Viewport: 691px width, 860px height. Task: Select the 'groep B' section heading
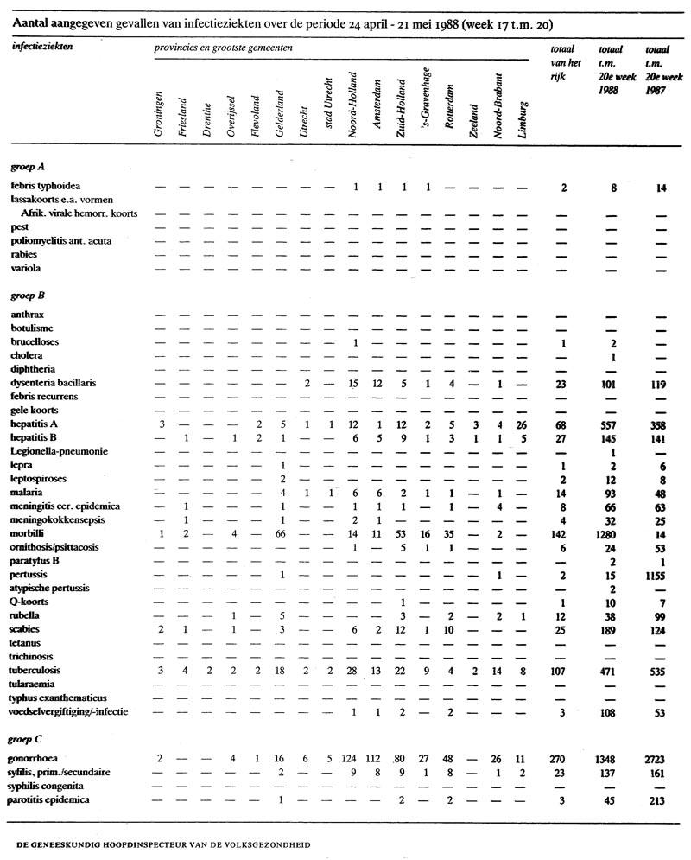click(28, 295)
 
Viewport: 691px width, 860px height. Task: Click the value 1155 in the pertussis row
click(662, 575)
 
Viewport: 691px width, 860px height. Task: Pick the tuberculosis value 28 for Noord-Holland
click(354, 670)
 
